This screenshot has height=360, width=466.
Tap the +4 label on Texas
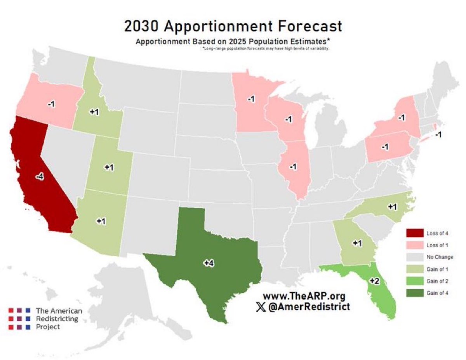click(x=209, y=263)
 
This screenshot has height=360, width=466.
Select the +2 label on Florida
click(x=374, y=281)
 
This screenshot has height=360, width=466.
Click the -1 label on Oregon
click(x=51, y=104)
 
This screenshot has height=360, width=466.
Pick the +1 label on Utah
click(x=109, y=167)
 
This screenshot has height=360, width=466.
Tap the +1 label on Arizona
click(x=101, y=221)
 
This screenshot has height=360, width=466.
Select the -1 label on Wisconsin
click(x=288, y=119)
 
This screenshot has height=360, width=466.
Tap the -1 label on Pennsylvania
click(x=385, y=147)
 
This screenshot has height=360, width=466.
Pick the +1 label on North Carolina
click(x=393, y=207)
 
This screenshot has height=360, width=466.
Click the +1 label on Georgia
click(x=357, y=243)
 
